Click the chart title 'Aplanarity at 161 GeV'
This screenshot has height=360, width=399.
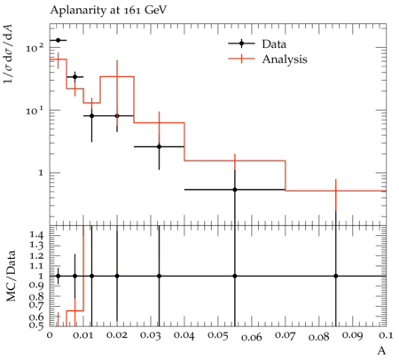(108, 11)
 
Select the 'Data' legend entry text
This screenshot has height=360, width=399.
(274, 44)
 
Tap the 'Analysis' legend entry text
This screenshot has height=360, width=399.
(285, 59)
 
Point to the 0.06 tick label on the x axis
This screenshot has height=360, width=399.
(252, 337)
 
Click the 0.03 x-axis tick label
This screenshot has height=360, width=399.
(151, 336)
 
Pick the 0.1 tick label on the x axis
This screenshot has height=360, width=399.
(385, 335)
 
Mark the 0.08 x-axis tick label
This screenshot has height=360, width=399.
(319, 337)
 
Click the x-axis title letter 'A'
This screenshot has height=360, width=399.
(382, 351)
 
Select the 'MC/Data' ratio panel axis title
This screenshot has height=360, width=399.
(12, 276)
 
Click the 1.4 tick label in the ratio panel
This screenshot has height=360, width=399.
(36, 235)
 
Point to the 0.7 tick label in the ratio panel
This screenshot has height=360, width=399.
(36, 305)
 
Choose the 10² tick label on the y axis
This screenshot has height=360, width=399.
(35, 47)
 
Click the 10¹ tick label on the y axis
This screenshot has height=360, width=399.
(35, 110)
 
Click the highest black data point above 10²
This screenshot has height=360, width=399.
(59, 40)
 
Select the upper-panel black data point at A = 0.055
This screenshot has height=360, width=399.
(235, 190)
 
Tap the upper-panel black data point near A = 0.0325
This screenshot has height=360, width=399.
(159, 146)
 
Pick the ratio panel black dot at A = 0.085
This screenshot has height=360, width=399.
(336, 276)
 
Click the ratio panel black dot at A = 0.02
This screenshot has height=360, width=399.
(117, 276)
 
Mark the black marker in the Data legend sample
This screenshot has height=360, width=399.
(241, 43)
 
